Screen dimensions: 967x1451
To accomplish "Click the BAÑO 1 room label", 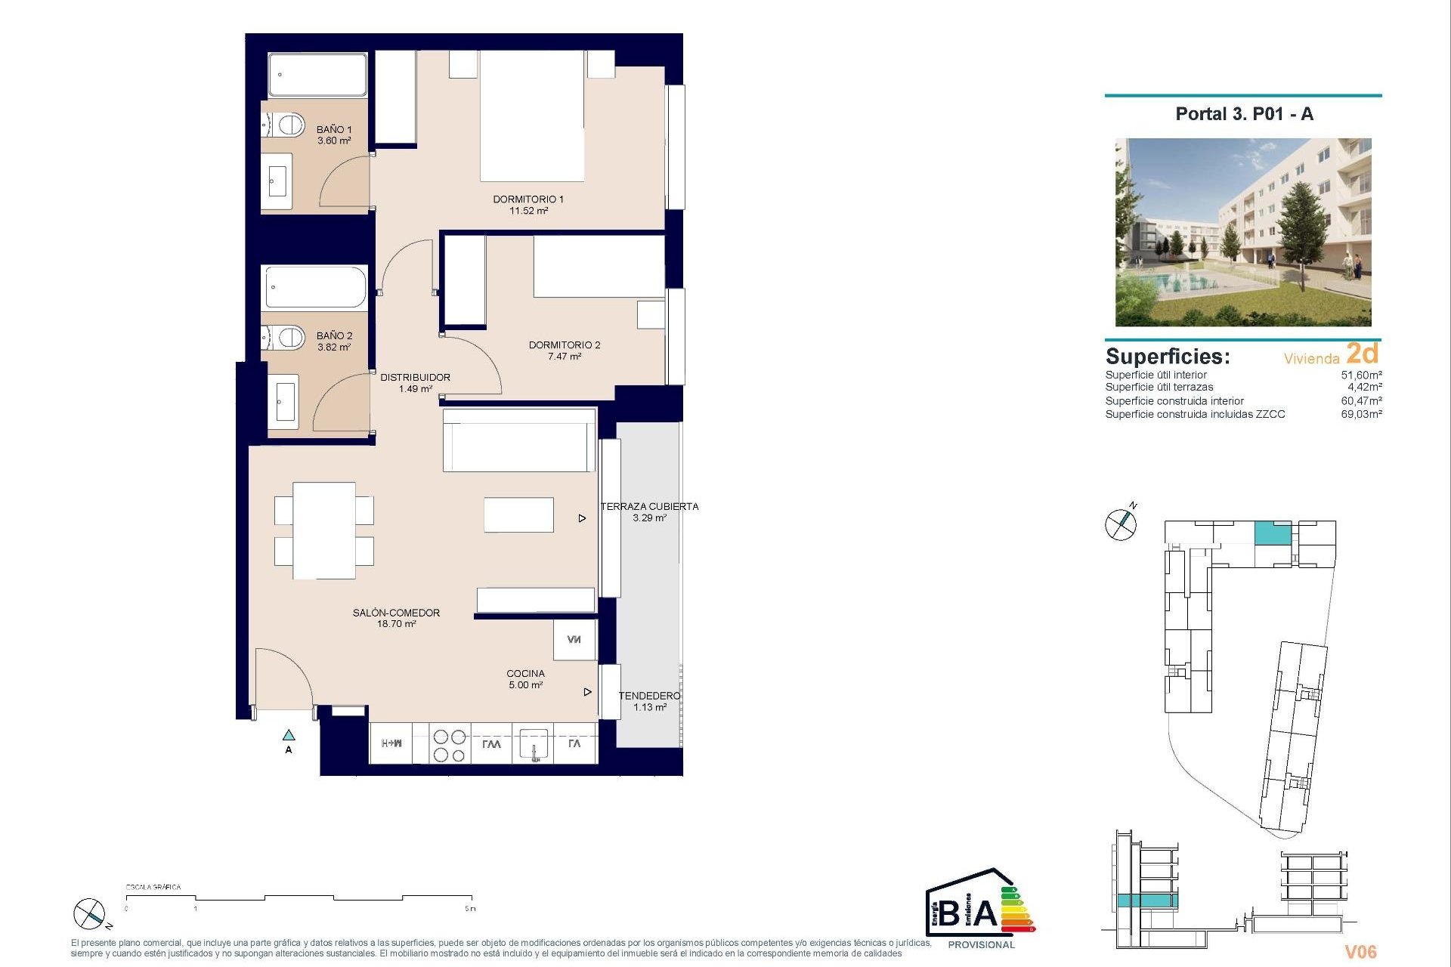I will tap(333, 130).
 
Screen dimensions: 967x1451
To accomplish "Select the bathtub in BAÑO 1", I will tap(317, 75).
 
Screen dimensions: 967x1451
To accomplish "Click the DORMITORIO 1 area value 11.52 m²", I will tap(528, 211).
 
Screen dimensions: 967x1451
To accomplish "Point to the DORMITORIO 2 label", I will tap(564, 345).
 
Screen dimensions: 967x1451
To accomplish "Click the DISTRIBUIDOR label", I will tap(415, 377).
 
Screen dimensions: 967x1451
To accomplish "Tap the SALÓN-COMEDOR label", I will tap(396, 613).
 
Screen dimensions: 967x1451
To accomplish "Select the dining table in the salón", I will tap(324, 530).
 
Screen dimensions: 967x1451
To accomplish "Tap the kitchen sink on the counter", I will tap(534, 744).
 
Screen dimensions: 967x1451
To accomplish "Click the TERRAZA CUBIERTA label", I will tap(649, 506).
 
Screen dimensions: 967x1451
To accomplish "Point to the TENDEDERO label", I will tap(649, 696).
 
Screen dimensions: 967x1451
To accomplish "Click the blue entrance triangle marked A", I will tap(289, 735).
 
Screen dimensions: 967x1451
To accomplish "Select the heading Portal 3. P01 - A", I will tap(1244, 114).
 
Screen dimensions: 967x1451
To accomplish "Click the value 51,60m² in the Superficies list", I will tap(1361, 375).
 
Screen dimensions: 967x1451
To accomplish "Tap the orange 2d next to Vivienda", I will tap(1363, 353).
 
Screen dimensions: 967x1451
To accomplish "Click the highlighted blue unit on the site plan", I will tap(1273, 533).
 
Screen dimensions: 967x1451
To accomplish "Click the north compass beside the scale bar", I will tap(89, 914).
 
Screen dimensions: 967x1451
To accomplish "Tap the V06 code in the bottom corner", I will tap(1360, 952).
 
